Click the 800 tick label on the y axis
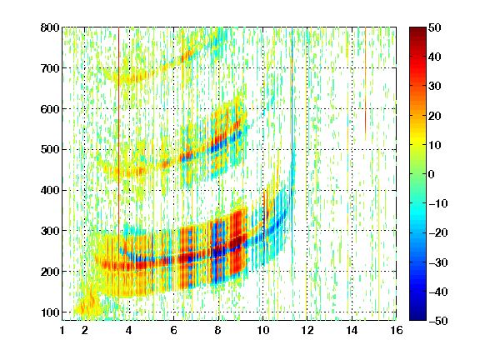(x=50, y=27)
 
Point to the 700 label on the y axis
(x=50, y=68)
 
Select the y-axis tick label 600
(x=50, y=109)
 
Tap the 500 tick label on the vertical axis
(x=50, y=150)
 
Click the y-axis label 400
(x=50, y=190)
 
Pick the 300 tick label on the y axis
(x=50, y=231)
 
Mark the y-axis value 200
(x=50, y=272)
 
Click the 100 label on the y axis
(x=50, y=312)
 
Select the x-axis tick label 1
(x=62, y=330)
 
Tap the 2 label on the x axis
(x=85, y=330)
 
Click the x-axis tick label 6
(x=174, y=330)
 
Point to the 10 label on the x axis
(x=263, y=330)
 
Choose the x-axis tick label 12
(x=307, y=330)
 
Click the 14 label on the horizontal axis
(x=352, y=330)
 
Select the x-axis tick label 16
(x=397, y=330)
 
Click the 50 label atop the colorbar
(x=435, y=27)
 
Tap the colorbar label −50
(x=438, y=321)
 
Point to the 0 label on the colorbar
(x=432, y=174)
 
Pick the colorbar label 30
(x=435, y=87)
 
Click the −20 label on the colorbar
(x=438, y=233)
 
